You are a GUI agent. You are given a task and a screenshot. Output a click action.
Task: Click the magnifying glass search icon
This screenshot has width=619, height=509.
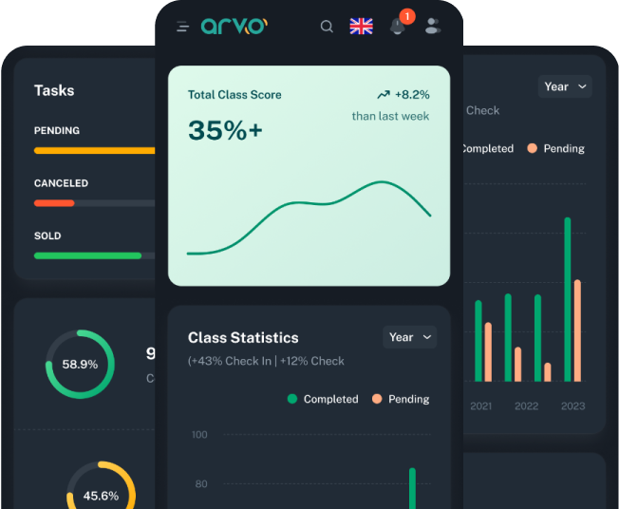click(327, 27)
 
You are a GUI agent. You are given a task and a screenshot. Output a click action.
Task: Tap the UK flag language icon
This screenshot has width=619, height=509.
click(361, 27)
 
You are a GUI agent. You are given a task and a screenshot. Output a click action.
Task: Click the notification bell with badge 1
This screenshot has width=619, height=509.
click(398, 26)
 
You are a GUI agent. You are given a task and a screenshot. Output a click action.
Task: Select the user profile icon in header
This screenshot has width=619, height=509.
click(433, 27)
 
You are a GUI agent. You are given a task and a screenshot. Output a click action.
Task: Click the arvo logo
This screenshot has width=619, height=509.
click(234, 26)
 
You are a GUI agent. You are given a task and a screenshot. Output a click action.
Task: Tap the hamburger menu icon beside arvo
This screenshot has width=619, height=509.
click(182, 27)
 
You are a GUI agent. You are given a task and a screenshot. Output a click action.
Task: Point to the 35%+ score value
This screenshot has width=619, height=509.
click(225, 130)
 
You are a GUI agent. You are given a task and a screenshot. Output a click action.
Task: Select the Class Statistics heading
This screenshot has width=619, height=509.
click(243, 337)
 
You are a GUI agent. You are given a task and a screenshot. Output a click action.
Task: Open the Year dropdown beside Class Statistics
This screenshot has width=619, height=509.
click(409, 337)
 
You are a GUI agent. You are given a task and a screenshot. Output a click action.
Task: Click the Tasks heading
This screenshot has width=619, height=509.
click(54, 90)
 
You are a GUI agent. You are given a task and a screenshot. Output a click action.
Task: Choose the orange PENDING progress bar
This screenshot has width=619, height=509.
click(95, 150)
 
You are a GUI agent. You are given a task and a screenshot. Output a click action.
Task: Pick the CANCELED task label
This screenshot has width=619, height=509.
click(61, 183)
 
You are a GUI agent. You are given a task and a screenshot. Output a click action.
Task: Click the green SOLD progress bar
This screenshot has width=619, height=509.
click(87, 255)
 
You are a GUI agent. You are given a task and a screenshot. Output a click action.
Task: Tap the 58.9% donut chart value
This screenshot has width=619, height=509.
click(80, 364)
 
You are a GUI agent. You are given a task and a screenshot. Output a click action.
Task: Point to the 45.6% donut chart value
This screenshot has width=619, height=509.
click(101, 496)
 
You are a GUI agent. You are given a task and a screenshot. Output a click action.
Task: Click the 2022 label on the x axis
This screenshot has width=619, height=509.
click(526, 405)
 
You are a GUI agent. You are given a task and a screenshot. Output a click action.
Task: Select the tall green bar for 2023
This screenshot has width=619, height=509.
click(568, 299)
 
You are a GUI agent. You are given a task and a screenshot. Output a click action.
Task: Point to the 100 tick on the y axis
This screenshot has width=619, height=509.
click(199, 435)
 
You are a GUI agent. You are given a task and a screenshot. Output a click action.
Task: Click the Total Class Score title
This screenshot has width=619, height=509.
click(234, 95)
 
